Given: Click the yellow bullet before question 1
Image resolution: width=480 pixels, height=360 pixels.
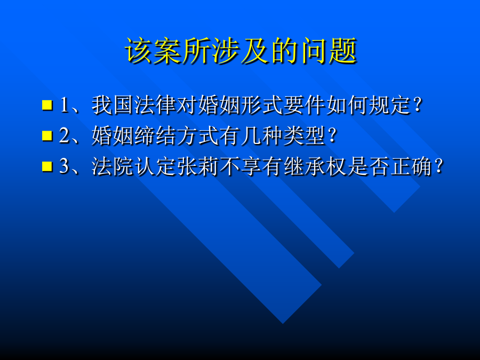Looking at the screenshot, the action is [47, 105].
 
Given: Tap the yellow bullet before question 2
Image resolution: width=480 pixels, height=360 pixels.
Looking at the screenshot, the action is [47, 135].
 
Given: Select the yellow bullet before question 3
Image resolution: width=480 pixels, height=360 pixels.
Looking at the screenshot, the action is [47, 166].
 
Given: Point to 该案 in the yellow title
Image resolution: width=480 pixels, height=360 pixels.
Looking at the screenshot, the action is [153, 51].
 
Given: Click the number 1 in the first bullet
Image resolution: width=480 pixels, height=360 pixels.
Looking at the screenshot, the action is [65, 105].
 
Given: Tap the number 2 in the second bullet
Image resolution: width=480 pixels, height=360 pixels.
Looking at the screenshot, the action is [65, 135].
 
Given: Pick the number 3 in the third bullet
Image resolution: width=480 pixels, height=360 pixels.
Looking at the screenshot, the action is [65, 166].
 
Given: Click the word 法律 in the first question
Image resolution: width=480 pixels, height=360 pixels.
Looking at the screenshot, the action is [155, 105].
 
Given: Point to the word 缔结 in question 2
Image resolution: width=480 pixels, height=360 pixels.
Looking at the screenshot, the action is [155, 135].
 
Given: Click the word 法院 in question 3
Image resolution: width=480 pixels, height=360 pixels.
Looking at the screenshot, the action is [113, 166].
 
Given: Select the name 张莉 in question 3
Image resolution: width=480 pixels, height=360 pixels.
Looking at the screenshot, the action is [198, 166].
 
